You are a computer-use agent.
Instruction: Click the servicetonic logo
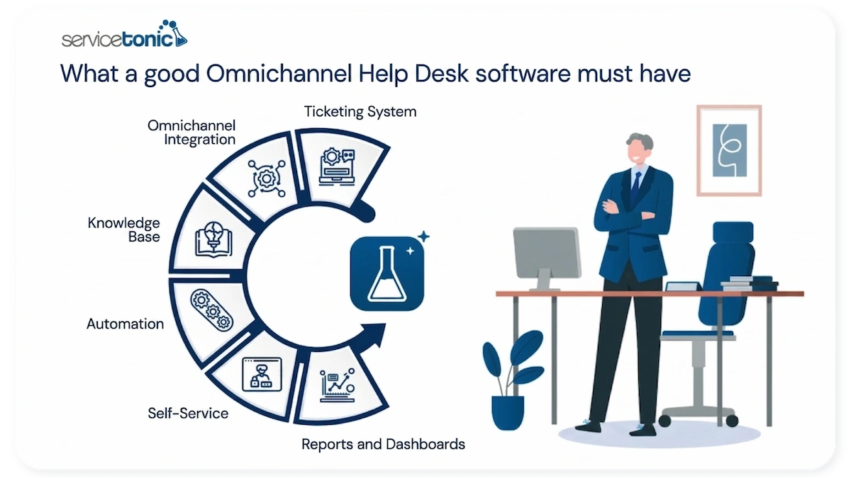click(124, 35)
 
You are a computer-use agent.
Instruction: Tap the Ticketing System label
click(360, 112)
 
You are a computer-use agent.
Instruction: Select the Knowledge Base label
click(123, 229)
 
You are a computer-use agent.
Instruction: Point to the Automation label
click(125, 324)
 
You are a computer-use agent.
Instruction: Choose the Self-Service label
click(188, 412)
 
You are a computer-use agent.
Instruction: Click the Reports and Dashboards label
click(383, 445)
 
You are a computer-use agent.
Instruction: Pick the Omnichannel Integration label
click(191, 132)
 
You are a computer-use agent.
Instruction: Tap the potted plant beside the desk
click(508, 379)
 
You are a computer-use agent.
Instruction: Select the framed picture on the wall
click(729, 150)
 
